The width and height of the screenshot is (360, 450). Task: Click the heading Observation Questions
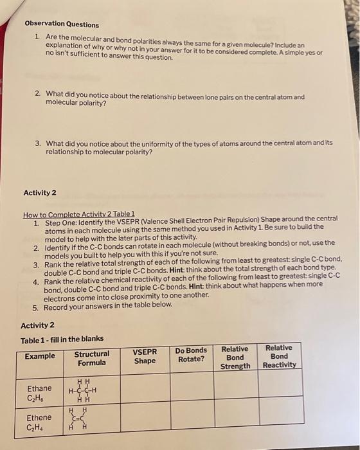click(x=62, y=24)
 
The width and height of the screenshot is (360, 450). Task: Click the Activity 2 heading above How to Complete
click(x=40, y=193)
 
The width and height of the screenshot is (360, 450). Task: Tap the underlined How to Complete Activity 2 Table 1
click(x=78, y=213)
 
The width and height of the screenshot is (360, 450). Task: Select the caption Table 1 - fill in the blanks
click(x=62, y=339)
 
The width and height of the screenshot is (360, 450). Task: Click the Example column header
click(x=40, y=357)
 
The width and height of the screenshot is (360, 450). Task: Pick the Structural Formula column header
click(x=92, y=358)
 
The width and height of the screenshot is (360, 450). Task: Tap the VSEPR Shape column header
click(x=145, y=356)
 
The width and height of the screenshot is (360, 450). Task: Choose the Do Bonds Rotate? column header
click(x=191, y=355)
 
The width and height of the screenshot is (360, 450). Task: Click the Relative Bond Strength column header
click(x=235, y=357)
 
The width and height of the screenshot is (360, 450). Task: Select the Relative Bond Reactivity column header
click(x=280, y=356)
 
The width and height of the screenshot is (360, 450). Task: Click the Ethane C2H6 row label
click(x=39, y=393)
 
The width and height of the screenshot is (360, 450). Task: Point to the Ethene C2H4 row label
click(x=39, y=422)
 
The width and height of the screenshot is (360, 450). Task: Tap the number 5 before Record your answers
click(x=36, y=305)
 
